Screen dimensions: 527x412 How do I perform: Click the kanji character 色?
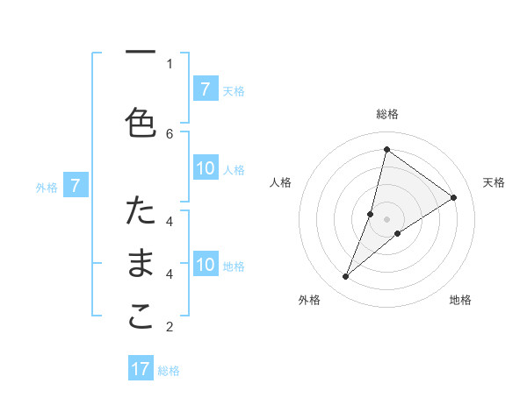pos(141,124)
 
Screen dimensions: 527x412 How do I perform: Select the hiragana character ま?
pos(141,264)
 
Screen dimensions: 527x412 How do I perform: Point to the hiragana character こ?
pos(141,317)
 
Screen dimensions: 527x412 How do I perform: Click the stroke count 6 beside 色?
pos(170,133)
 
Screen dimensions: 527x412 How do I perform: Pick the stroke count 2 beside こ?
pos(170,327)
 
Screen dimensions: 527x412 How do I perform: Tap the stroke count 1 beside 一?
pos(170,63)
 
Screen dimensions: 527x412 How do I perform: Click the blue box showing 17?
pos(141,369)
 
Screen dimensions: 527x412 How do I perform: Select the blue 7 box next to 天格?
pos(205,89)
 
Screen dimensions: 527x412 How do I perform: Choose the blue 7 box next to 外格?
pos(76,185)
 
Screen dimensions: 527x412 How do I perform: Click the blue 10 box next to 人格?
pos(205,168)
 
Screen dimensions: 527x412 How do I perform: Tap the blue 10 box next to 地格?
pos(205,264)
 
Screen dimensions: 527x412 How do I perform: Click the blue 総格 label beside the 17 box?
pos(170,371)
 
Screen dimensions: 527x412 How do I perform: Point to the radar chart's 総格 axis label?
pos(386,114)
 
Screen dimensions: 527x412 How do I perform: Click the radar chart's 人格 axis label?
pos(281,182)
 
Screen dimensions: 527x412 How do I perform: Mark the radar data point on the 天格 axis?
pos(454,197)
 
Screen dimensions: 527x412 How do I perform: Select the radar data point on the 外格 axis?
pos(345,277)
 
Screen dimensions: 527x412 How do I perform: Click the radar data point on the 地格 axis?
pos(398,233)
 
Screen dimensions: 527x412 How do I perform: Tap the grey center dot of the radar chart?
pos(386,218)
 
